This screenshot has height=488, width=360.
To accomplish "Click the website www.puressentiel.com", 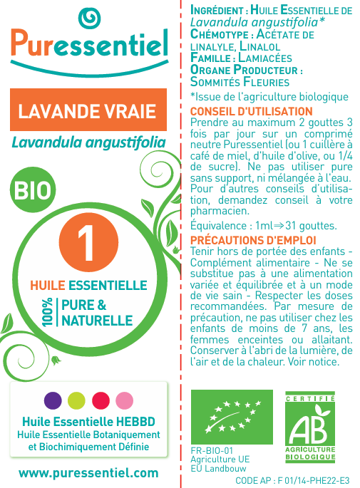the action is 88,472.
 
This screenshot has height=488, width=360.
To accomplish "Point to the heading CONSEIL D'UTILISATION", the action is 251,111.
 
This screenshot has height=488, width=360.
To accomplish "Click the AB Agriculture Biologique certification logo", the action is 310,425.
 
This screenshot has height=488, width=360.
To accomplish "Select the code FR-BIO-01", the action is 212,451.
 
